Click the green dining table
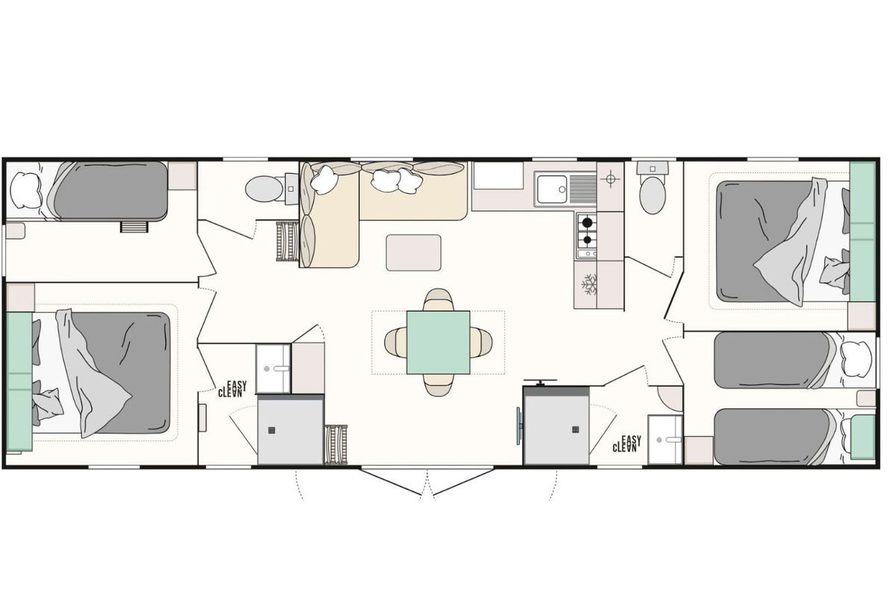click(x=439, y=343)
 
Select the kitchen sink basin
click(x=552, y=189)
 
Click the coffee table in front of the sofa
click(x=413, y=253)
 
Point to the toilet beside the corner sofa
click(x=265, y=189)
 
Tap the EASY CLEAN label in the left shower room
click(x=232, y=389)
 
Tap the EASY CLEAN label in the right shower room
click(x=627, y=444)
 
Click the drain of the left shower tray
click(x=272, y=431)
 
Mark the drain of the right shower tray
click(x=575, y=429)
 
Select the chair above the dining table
click(x=439, y=300)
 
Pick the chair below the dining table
click(x=439, y=385)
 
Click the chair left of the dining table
click(x=396, y=343)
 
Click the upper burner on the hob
click(x=587, y=222)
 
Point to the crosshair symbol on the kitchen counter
click(x=610, y=179)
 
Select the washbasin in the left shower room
click(x=273, y=369)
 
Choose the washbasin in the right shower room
click(x=665, y=440)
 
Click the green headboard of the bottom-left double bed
click(x=19, y=382)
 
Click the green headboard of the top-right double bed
click(x=863, y=231)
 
